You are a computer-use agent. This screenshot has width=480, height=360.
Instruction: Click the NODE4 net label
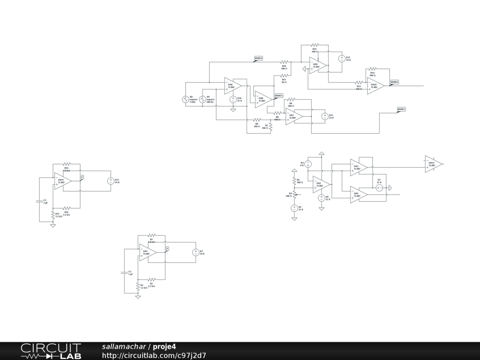[258, 59]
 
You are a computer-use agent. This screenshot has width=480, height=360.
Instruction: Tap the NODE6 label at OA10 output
[394, 82]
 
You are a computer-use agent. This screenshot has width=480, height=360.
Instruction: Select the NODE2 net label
[401, 109]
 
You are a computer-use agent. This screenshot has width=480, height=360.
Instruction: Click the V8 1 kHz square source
[185, 99]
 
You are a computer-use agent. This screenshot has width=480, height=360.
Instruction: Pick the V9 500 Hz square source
[203, 99]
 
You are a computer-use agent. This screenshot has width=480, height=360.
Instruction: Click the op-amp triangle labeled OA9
[317, 66]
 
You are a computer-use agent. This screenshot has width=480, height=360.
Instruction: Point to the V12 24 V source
[342, 59]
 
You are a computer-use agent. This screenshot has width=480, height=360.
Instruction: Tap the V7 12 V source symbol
[380, 187]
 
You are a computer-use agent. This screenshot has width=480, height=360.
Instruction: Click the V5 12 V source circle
[294, 208]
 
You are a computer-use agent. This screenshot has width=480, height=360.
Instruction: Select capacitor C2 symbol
[39, 201]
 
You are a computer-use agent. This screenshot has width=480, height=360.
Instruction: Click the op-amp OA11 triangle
[62, 181]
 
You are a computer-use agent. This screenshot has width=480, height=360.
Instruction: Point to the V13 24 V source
[111, 181]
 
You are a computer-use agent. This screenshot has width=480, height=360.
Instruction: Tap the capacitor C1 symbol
[124, 272]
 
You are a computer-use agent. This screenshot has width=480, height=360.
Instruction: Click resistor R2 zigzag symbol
[151, 280]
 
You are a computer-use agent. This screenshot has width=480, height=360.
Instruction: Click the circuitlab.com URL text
[154, 355]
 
